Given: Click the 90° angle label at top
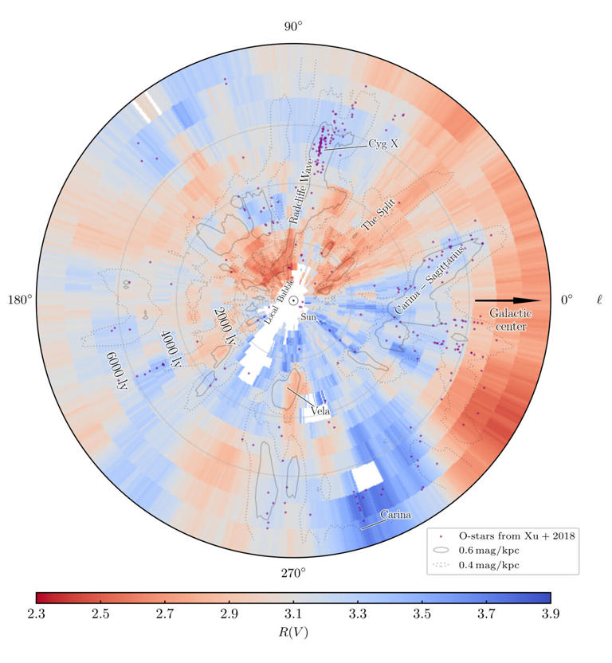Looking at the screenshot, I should (293, 27).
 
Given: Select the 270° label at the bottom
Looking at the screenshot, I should (293, 573).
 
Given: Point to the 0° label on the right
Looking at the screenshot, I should (567, 300).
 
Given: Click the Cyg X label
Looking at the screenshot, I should (382, 144).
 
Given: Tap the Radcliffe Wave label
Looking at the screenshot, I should (300, 194).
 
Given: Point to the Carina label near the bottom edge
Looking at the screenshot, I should (395, 515).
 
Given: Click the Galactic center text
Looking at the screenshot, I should (510, 320).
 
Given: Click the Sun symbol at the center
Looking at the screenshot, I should (293, 300).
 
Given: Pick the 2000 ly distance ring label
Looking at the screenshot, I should (226, 324).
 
